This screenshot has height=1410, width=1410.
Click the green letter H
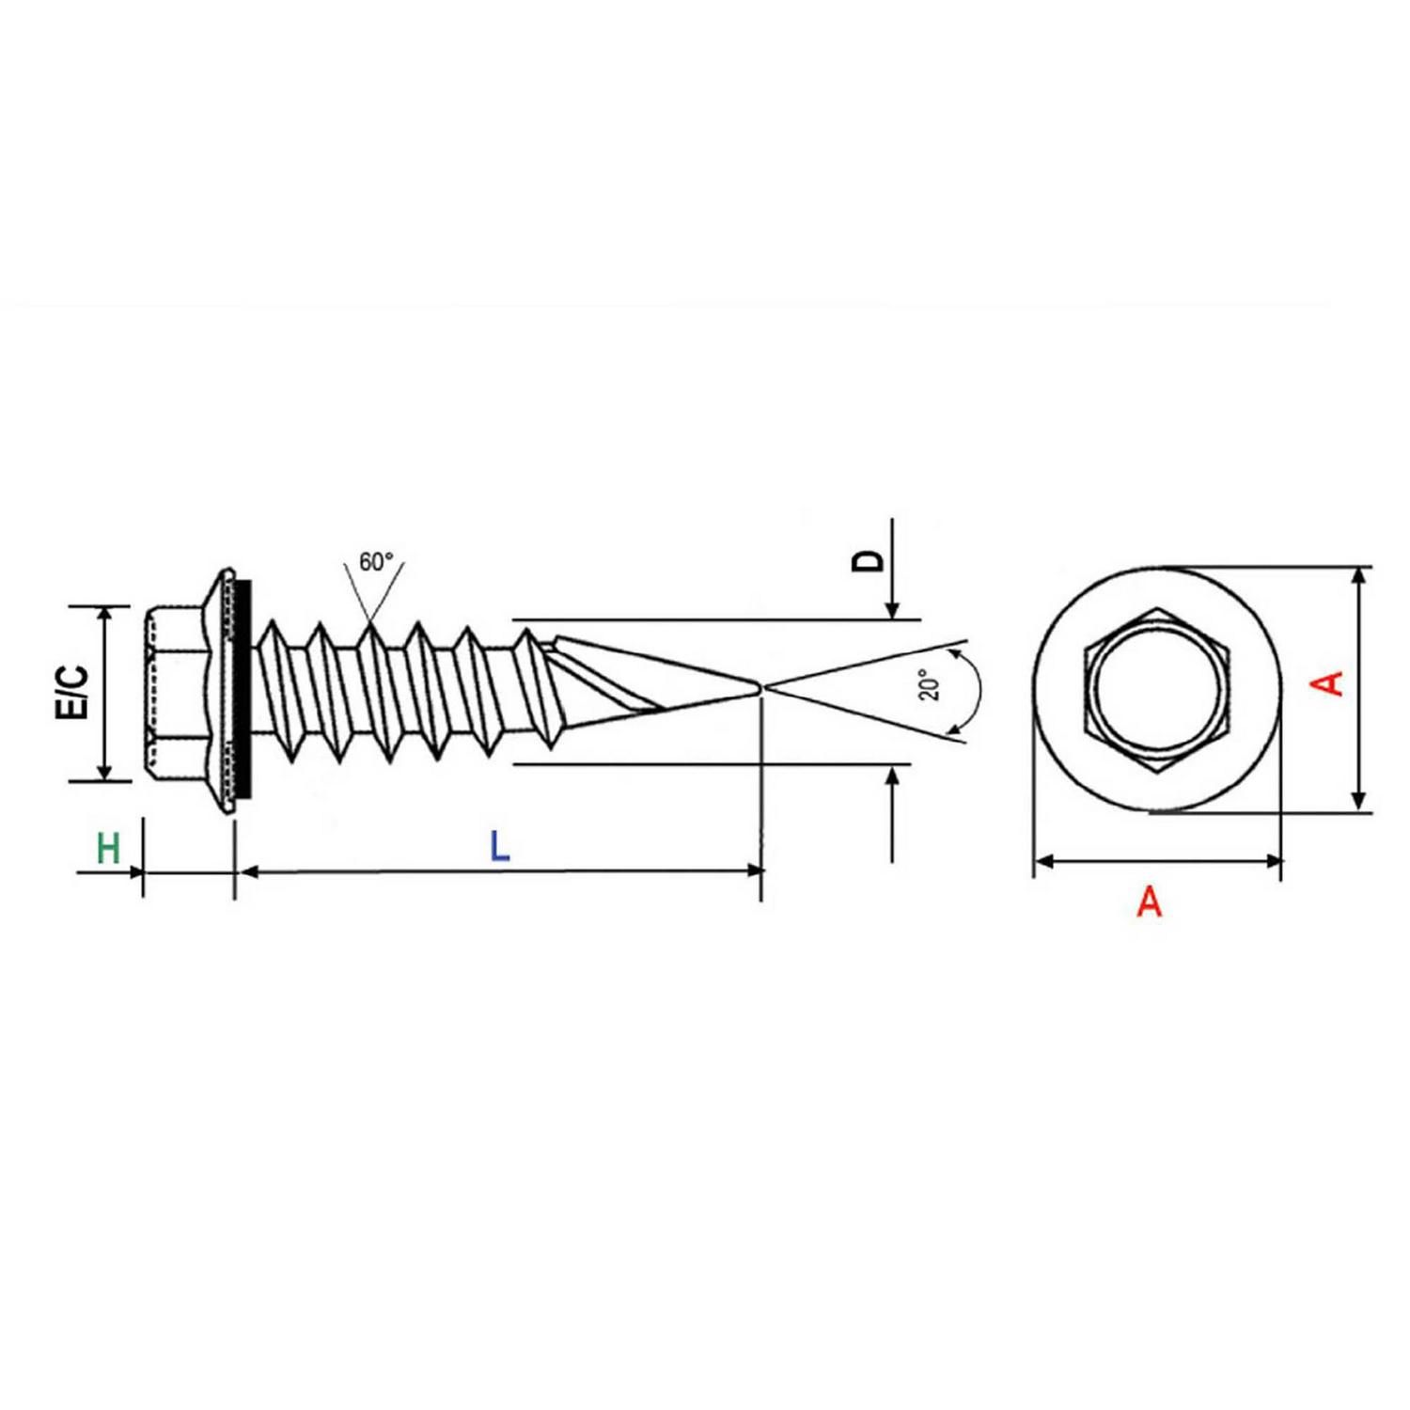pyautogui.click(x=108, y=848)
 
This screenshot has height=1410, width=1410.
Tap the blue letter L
pyautogui.click(x=500, y=847)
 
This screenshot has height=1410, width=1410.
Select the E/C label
pyautogui.click(x=73, y=693)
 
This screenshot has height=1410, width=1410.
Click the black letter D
pyautogui.click(x=869, y=560)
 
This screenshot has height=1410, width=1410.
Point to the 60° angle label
pyautogui.click(x=375, y=562)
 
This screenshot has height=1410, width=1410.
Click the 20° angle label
pyautogui.click(x=929, y=684)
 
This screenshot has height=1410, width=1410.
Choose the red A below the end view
pyautogui.click(x=1149, y=902)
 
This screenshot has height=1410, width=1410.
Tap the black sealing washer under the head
pyautogui.click(x=244, y=691)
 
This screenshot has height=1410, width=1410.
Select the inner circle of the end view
pyautogui.click(x=1157, y=689)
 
